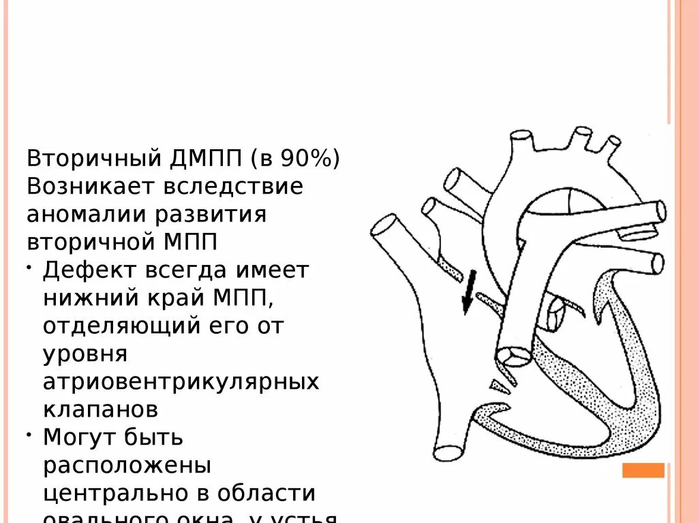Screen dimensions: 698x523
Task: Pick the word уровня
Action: point(85,353)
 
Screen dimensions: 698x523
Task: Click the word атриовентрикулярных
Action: point(181,381)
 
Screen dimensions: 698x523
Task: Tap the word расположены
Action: point(127,465)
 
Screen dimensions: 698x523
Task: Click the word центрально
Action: point(119,492)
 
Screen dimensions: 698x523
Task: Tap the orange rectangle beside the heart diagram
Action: point(643,471)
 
